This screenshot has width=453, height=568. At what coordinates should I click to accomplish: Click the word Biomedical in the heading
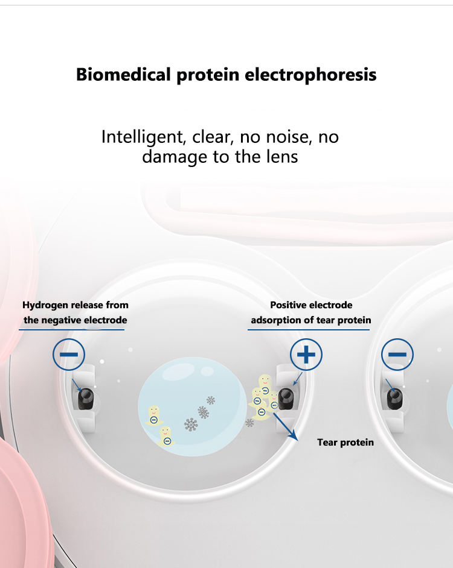[123, 75]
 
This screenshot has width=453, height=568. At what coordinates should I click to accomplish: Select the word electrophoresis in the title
[310, 75]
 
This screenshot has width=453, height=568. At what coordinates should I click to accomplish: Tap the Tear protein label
[345, 443]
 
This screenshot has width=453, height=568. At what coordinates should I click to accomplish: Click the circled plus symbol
[306, 355]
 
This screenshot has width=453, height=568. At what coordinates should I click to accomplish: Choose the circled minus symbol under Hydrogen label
[69, 355]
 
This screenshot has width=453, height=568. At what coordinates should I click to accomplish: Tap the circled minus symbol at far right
[397, 355]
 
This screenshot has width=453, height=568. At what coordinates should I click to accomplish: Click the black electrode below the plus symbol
[286, 399]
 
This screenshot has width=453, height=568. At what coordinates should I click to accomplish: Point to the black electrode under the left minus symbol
[86, 399]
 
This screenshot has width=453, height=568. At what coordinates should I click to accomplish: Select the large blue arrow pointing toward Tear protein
[285, 427]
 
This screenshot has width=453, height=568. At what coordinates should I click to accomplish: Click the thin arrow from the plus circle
[298, 379]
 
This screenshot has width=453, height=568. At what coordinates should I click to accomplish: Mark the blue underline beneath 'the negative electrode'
[71, 330]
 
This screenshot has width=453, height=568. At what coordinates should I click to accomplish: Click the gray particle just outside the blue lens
[249, 422]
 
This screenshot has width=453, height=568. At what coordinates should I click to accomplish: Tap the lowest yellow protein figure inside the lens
[166, 436]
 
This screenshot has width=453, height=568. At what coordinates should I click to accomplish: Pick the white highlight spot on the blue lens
[207, 371]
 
